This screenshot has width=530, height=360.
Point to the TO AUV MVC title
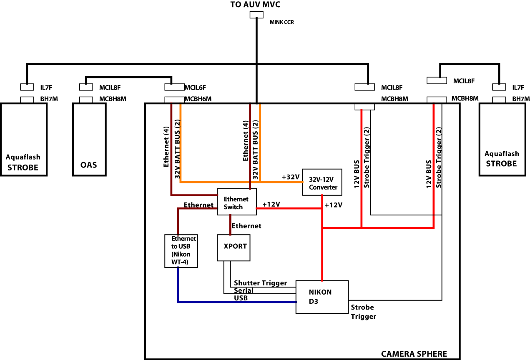pos(255,5)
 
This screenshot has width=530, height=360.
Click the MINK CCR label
pos(282,22)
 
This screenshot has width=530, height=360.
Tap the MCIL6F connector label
pos(195,87)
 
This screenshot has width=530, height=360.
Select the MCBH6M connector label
pos(198,99)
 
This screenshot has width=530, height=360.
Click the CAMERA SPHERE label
pos(414,354)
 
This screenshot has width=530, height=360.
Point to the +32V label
pos(291,177)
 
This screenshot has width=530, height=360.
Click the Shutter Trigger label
pos(260,283)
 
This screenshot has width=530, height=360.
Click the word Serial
pos(244,290)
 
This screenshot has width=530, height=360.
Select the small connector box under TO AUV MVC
pos(256,15)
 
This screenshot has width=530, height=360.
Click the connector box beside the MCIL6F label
pos(174,87)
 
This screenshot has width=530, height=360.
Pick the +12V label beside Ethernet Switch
pos(271,204)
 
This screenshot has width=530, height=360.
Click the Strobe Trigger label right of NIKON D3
pos(364,312)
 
